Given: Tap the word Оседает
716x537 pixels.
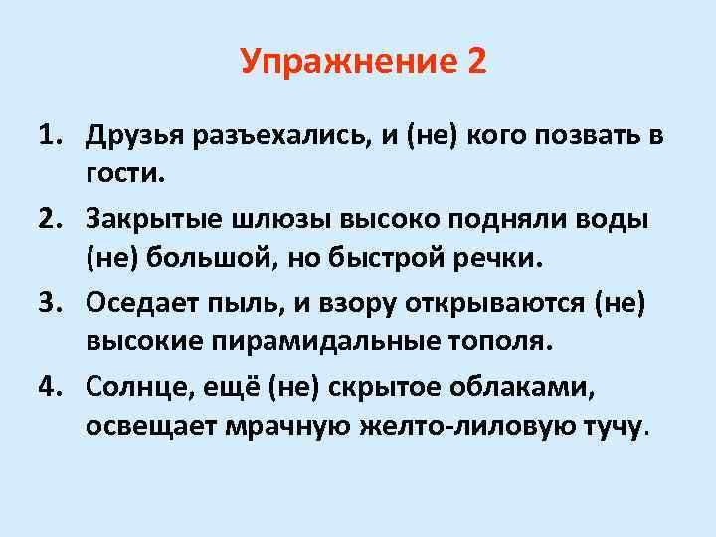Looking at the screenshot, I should (140, 301).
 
